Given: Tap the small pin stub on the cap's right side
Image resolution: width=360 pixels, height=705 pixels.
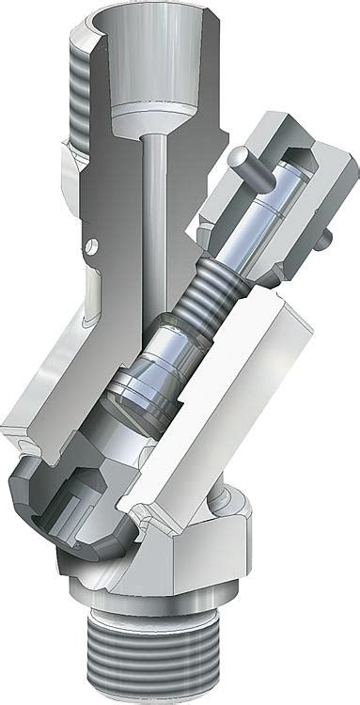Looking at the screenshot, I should click(322, 241).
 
